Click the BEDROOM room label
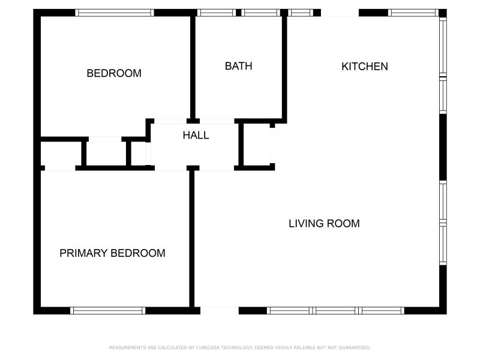(114, 73)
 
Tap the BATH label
(238, 66)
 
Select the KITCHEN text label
(364, 66)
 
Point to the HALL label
(196, 135)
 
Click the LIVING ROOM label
(324, 224)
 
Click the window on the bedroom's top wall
(115, 13)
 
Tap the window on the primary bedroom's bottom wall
(108, 310)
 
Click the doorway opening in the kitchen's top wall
(340, 13)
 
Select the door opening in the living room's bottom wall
(219, 310)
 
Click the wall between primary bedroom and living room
(192, 240)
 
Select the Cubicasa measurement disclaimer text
(239, 347)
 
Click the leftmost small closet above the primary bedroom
(60, 155)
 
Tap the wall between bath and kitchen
(284, 66)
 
